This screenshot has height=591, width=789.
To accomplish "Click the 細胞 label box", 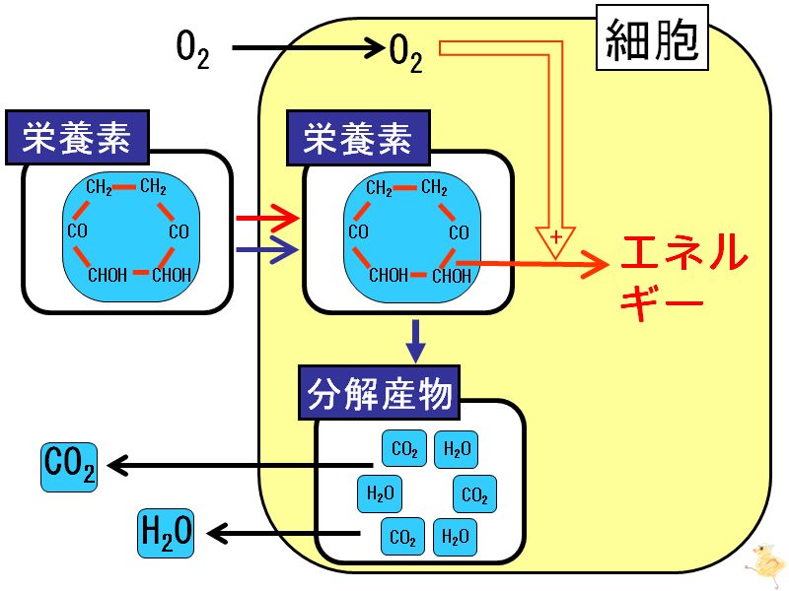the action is tap(652, 37).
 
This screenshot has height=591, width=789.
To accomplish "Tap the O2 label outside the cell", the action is tap(192, 49).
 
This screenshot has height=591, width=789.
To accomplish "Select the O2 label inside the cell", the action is tap(405, 53).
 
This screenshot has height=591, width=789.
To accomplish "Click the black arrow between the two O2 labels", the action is tap(308, 48).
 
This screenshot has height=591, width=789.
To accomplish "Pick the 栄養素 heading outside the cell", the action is tap(77, 137).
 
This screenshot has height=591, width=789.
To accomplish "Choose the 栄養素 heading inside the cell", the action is tap(358, 138).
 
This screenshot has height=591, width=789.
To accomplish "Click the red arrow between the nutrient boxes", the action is tap(267, 218).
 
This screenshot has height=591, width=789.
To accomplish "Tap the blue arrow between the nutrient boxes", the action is tap(267, 249).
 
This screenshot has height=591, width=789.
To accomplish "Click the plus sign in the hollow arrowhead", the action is tap(556, 236).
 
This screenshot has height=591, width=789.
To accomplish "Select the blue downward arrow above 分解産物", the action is tap(415, 341).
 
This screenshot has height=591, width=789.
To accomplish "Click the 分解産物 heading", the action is tap(379, 392).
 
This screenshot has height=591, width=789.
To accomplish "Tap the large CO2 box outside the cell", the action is tap(69, 467).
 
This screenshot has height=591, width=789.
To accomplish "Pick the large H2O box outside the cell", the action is tap(166, 533).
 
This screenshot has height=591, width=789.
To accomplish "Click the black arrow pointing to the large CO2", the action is tap(240, 465).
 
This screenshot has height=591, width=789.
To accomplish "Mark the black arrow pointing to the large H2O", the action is tap(284, 533).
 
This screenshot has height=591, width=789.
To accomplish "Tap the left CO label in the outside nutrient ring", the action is tap(78, 231).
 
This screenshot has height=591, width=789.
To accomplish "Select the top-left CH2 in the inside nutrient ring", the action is tap(380, 188).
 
